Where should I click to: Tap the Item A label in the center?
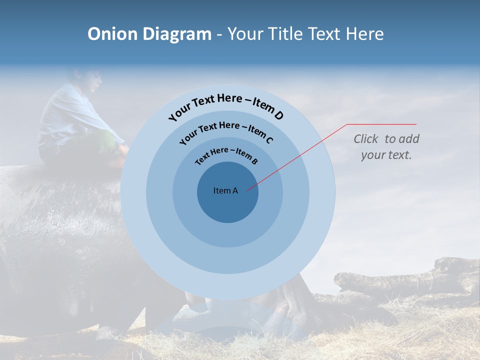coord(225,190)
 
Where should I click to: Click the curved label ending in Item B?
coord(226,155)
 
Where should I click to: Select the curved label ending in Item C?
coord(226,131)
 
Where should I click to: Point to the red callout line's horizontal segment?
coord(382,124)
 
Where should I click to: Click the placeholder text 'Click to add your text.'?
coord(386,147)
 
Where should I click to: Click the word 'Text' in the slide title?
coord(322,34)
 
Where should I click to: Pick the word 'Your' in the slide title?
coord(246,34)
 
